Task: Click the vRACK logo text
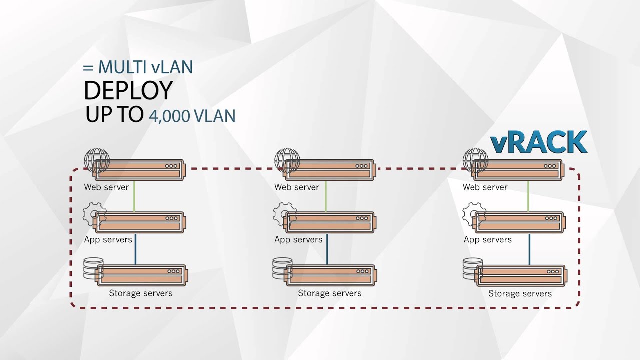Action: [538, 142]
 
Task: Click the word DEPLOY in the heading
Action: [128, 91]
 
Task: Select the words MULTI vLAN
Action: [145, 67]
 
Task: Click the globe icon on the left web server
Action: [96, 160]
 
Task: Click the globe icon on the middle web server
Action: [287, 160]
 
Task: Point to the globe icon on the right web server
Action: [475, 160]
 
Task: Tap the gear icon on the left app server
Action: [93, 213]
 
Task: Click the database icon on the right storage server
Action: [472, 268]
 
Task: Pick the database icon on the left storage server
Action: [93, 268]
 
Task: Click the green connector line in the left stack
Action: [135, 196]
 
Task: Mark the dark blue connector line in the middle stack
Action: [326, 249]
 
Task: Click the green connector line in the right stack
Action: [528, 196]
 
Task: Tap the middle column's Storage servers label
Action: [329, 293]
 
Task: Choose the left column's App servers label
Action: [108, 240]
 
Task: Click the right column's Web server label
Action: [485, 187]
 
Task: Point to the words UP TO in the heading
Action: [114, 115]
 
